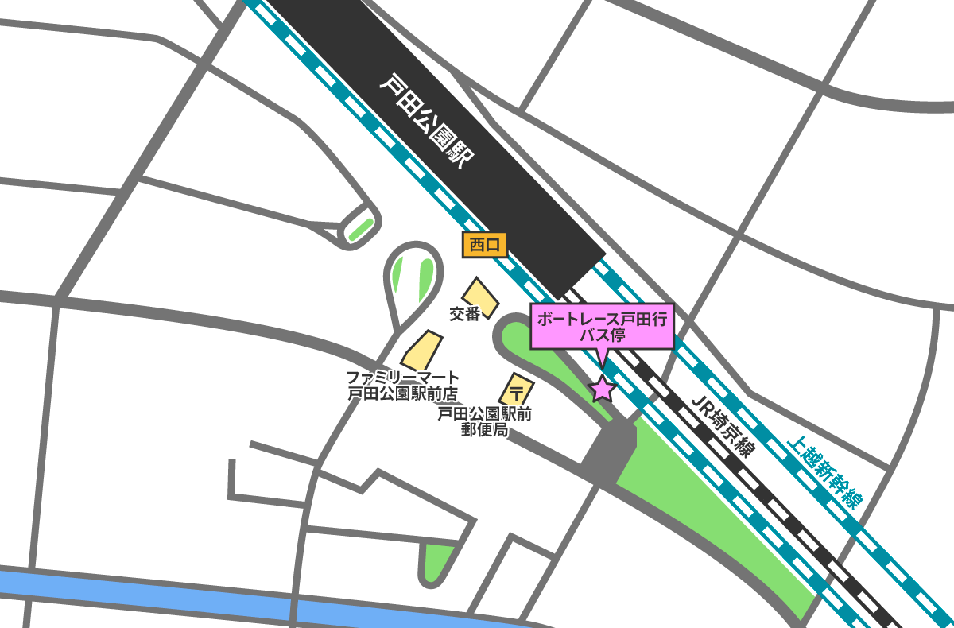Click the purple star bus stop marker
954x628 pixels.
click(602, 389)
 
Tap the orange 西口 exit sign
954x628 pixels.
click(485, 245)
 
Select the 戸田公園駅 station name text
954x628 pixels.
click(426, 120)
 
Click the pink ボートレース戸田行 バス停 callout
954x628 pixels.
click(602, 327)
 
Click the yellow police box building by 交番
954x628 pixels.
click(480, 297)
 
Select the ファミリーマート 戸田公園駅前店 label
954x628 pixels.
click(403, 384)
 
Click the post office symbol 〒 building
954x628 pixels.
click(516, 390)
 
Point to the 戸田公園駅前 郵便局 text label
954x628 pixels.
click(484, 422)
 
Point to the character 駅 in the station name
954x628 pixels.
click(460, 154)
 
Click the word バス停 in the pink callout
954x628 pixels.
click(602, 335)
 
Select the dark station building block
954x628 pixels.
click(445, 135)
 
